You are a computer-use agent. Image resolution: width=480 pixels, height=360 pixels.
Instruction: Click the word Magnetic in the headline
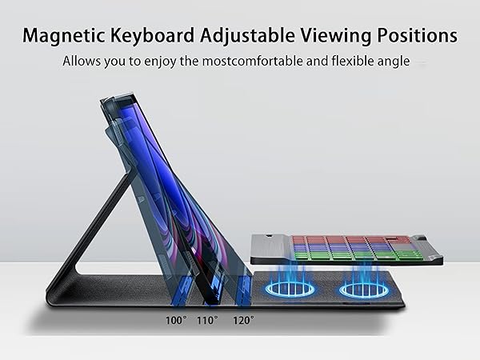click(x=66, y=36)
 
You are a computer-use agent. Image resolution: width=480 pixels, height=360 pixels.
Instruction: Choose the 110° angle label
click(x=208, y=320)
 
